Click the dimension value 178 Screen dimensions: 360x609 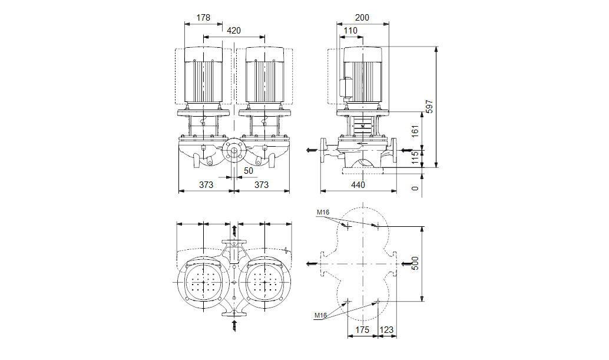203,18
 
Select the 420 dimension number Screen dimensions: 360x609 233,31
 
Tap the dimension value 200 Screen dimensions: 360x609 362,18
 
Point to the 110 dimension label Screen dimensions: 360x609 350,31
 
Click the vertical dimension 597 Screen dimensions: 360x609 429,107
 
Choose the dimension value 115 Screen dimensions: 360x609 415,158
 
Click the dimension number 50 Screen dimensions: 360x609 248,171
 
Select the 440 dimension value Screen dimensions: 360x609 358,185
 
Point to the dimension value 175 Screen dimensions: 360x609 362,330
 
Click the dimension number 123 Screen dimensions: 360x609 387,330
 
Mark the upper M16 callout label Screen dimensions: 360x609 322,212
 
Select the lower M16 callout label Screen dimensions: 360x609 320,316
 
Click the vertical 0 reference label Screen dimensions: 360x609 415,188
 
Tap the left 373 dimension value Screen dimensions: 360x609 206,185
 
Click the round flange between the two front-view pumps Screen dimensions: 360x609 234,151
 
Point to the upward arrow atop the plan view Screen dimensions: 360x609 234,229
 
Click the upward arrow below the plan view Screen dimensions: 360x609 234,323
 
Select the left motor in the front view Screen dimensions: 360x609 203,77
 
